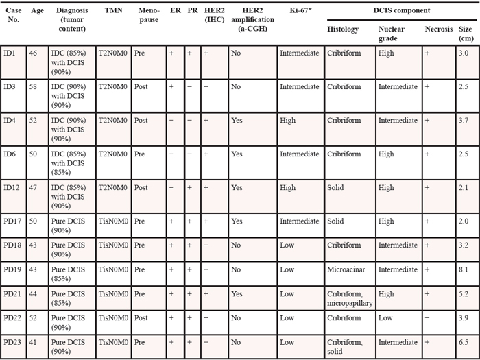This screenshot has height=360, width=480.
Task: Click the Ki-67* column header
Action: (299, 12)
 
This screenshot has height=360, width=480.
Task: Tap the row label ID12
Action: (12, 187)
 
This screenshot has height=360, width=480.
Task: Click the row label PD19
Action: (13, 269)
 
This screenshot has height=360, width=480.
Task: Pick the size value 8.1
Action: (464, 269)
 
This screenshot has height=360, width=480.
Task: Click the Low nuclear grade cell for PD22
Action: (386, 318)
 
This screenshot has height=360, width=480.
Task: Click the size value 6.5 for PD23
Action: (464, 341)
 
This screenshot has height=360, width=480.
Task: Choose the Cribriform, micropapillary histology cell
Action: (349, 298)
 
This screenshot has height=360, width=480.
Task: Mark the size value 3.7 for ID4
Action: (464, 121)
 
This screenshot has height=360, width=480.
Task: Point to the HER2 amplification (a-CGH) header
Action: (248, 20)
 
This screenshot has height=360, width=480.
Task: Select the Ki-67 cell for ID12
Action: (288, 187)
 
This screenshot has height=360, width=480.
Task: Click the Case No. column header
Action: (12, 16)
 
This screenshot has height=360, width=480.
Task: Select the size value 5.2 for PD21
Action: (464, 294)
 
